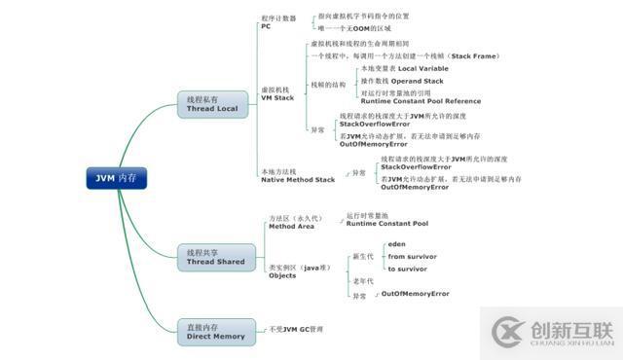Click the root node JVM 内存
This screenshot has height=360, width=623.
[x=116, y=178]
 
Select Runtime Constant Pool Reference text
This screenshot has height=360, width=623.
[x=420, y=101]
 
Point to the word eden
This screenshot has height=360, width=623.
[x=396, y=243]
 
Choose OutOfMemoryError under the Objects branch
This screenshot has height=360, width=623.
[x=415, y=293]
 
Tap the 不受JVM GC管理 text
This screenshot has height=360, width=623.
[x=296, y=330]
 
